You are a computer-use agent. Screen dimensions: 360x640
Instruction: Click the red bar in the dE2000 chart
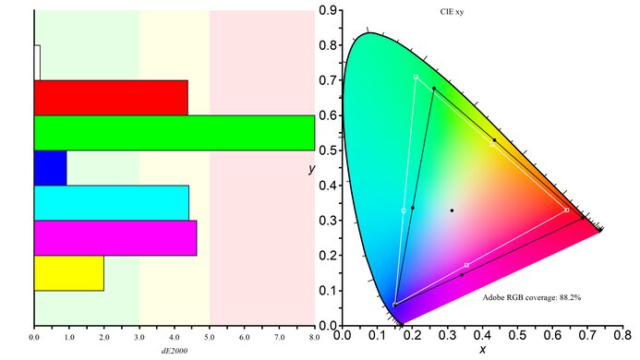tap(111, 97)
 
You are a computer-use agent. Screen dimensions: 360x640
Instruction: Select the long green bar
tap(174, 132)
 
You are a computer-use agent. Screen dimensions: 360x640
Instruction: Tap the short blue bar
tap(50, 167)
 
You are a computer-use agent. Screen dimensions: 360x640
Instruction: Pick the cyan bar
tap(111, 202)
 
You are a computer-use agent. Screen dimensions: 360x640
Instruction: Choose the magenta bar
tap(115, 237)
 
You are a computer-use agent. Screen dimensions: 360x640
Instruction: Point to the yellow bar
tap(68, 273)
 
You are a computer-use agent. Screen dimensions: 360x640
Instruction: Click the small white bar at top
tap(37, 62)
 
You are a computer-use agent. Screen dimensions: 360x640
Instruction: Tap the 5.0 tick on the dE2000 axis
tap(210, 338)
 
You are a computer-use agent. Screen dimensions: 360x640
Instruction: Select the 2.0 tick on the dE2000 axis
tap(104, 338)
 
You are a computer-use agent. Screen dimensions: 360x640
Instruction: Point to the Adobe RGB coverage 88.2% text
tap(532, 297)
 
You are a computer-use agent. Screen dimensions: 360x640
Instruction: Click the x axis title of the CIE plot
tap(482, 351)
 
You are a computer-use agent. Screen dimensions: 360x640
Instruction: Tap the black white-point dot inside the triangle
tap(452, 210)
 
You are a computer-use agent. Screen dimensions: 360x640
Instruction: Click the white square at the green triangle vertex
tap(417, 77)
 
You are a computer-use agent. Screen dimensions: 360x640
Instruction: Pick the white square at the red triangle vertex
tap(566, 210)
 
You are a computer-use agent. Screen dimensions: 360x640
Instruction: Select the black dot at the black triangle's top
tap(434, 89)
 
